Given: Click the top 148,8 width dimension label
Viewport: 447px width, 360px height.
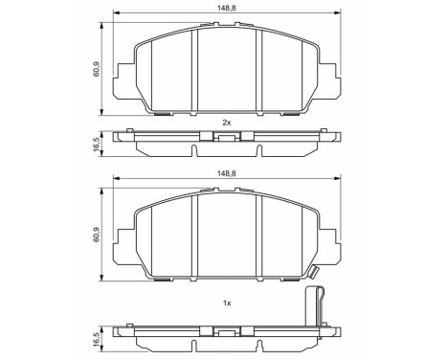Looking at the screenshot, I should [x=228, y=8].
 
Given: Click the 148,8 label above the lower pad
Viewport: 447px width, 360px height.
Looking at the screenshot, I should [x=228, y=171].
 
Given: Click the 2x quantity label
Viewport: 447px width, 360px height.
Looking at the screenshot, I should [x=227, y=123].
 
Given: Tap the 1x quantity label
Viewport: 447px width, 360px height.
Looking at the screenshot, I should [x=227, y=303].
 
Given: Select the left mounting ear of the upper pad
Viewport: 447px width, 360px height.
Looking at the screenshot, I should [x=123, y=76].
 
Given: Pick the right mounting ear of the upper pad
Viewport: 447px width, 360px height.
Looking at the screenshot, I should [x=332, y=76].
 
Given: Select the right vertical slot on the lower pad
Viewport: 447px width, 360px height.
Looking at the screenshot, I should [x=261, y=233].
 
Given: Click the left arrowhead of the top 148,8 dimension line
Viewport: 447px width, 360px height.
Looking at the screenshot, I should [x=117, y=14].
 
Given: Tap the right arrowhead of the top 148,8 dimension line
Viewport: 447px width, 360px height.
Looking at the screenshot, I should [x=338, y=14].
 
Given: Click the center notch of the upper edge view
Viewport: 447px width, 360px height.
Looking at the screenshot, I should [x=227, y=140].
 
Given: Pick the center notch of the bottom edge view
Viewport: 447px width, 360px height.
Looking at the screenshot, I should [x=227, y=334].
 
